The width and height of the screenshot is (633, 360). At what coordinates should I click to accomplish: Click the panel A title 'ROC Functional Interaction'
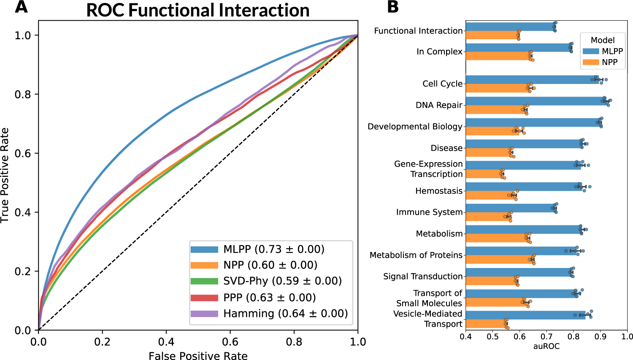click(197, 10)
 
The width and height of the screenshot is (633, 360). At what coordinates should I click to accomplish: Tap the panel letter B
click(392, 7)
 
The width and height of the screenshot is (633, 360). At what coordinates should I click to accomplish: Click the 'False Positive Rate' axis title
click(198, 356)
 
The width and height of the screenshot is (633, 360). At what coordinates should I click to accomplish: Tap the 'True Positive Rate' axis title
click(5, 175)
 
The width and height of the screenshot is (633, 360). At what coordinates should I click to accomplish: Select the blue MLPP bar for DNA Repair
click(532, 101)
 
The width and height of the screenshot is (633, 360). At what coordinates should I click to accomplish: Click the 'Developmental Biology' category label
click(415, 127)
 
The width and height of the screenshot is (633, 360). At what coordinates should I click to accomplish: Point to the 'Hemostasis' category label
click(439, 191)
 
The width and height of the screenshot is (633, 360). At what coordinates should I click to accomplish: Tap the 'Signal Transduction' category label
click(423, 276)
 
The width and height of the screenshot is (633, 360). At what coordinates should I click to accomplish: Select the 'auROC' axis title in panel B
click(546, 346)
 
